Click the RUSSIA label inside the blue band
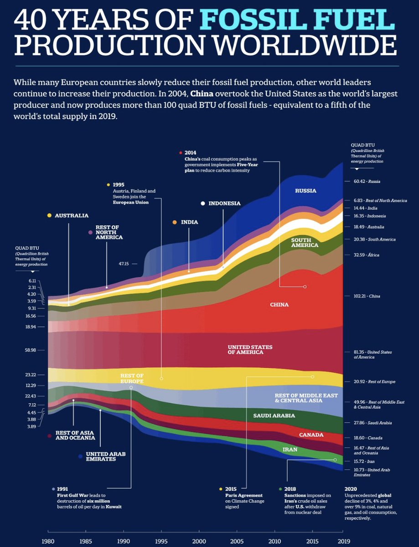coord(305,191)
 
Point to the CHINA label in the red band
coord(279,304)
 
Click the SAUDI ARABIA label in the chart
coord(274,416)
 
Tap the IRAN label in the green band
coord(290,449)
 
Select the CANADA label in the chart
coord(311,435)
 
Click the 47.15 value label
coord(124,263)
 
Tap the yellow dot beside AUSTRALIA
coord(49,215)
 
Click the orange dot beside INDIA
coord(174,222)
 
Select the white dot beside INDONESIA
coord(202,203)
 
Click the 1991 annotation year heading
coord(62,489)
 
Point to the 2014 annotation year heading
coord(190,152)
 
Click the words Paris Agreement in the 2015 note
coord(244,495)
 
